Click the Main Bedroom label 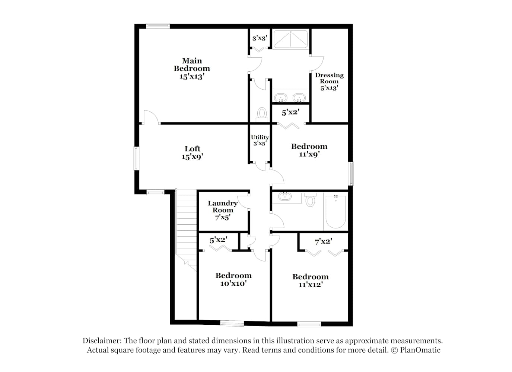pyautogui.click(x=192, y=69)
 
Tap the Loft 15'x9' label pyautogui.click(x=193, y=153)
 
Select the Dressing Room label pyautogui.click(x=329, y=82)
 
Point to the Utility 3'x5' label pyautogui.click(x=260, y=140)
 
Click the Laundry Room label pyautogui.click(x=223, y=210)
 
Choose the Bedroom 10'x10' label pyautogui.click(x=233, y=279)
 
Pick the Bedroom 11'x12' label pyautogui.click(x=311, y=280)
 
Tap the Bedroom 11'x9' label pyautogui.click(x=309, y=150)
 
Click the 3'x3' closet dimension pyautogui.click(x=260, y=38)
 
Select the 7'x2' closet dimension pyautogui.click(x=323, y=241)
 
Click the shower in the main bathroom pyautogui.click(x=291, y=39)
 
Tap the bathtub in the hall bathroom pyautogui.click(x=335, y=211)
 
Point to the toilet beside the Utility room pyautogui.click(x=262, y=115)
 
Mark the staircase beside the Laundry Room pyautogui.click(x=186, y=230)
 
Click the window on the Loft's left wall pyautogui.click(x=136, y=158)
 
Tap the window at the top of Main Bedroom pyautogui.click(x=158, y=26)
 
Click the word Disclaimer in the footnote pyautogui.click(x=102, y=341)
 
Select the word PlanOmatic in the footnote pyautogui.click(x=420, y=350)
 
